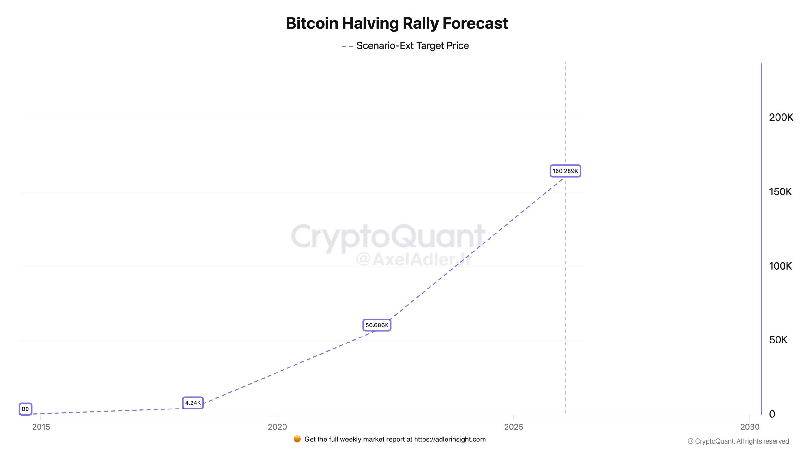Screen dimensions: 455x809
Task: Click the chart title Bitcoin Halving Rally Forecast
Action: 397,23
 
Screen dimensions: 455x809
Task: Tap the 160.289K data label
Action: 565,171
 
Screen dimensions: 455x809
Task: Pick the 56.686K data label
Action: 377,325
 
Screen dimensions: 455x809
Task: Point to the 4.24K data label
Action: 193,403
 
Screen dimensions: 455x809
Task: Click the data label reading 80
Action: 25,409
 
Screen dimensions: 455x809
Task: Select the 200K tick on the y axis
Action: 781,118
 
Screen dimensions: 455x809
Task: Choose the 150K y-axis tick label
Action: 780,192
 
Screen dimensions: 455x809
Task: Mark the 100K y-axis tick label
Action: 780,266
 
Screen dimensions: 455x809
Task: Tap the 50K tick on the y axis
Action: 778,340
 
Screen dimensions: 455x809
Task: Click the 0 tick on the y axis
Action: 772,414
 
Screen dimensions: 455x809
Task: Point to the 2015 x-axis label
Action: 41,427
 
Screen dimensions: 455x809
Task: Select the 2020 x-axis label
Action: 277,427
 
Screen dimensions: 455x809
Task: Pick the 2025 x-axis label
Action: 514,427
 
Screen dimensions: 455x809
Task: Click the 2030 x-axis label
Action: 750,427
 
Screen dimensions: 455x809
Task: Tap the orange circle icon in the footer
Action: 297,439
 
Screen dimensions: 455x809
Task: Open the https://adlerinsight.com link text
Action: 450,439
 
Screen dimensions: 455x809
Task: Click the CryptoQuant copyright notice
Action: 738,441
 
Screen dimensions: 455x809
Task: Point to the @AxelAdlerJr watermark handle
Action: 414,260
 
